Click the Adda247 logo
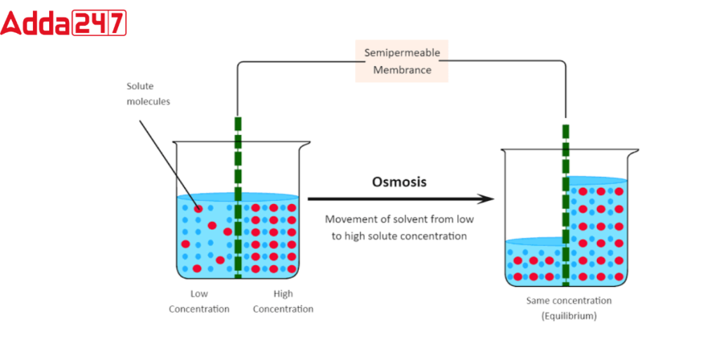[63, 22]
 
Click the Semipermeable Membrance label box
[401, 61]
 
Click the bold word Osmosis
[399, 182]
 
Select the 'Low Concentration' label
[199, 301]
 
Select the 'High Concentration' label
[283, 301]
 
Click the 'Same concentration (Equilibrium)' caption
[569, 308]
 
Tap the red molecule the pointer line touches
[198, 209]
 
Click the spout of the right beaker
[634, 151]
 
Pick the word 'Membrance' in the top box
[401, 70]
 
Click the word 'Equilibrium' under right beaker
[569, 316]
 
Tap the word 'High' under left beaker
[283, 293]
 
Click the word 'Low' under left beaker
[199, 293]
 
